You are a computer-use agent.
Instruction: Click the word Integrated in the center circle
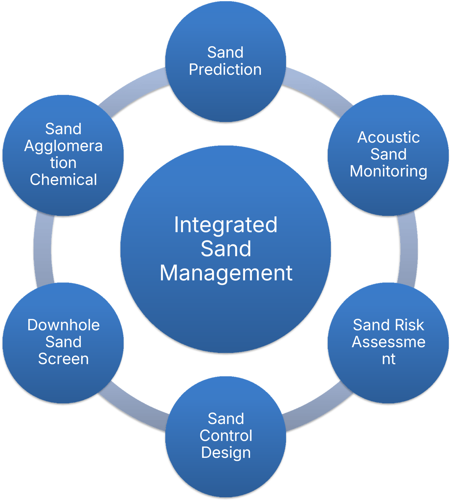pyautogui.click(x=225, y=225)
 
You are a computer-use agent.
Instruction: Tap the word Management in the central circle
pyautogui.click(x=226, y=273)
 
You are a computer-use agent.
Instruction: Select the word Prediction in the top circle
pyautogui.click(x=225, y=70)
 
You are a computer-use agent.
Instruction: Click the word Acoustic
pyautogui.click(x=388, y=137)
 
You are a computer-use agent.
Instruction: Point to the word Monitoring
pyautogui.click(x=388, y=171)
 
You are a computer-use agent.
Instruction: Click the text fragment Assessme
pyautogui.click(x=388, y=342)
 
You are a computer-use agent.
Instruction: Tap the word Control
pyautogui.click(x=225, y=436)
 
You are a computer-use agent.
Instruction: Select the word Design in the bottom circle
pyautogui.click(x=225, y=453)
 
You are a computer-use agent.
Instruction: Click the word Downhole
pyautogui.click(x=64, y=325)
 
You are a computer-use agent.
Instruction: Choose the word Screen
pyautogui.click(x=64, y=359)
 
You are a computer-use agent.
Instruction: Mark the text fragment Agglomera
pyautogui.click(x=64, y=146)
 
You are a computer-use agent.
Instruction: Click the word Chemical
pyautogui.click(x=64, y=180)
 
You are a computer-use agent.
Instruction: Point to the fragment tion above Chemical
pyautogui.click(x=64, y=163)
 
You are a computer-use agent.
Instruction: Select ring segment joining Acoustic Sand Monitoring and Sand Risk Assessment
pyautogui.click(x=408, y=249)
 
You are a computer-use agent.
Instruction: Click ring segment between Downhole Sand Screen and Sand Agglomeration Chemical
pyautogui.click(x=42, y=249)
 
